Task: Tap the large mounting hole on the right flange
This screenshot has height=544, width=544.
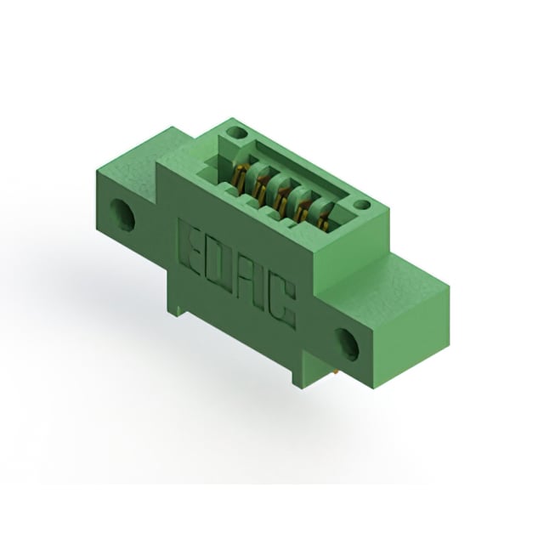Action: (349, 341)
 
